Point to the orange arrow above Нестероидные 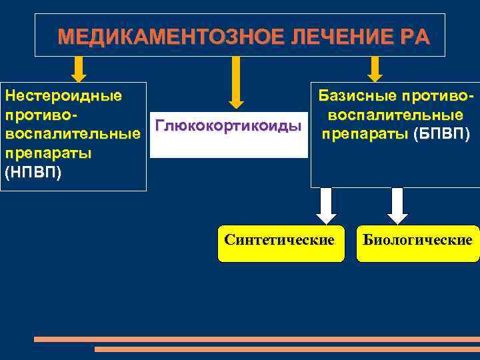click(x=79, y=69)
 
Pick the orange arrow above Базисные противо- click(x=375, y=69)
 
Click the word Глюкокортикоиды click(x=229, y=126)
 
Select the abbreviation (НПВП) click(x=32, y=174)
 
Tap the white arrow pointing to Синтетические click(x=325, y=206)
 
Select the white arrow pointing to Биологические click(x=397, y=206)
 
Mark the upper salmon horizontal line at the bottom click(x=257, y=339)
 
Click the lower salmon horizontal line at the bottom click(x=287, y=349)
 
